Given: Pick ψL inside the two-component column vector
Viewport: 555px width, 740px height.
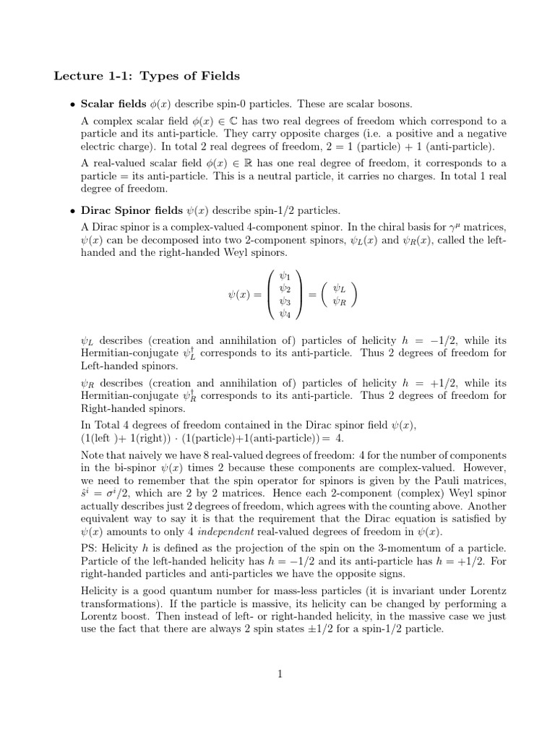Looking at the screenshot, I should pyautogui.click(x=337, y=288).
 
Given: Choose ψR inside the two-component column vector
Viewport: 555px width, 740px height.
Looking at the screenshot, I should pyautogui.click(x=337, y=301).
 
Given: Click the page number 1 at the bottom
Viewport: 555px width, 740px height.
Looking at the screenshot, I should pyautogui.click(x=278, y=674).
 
